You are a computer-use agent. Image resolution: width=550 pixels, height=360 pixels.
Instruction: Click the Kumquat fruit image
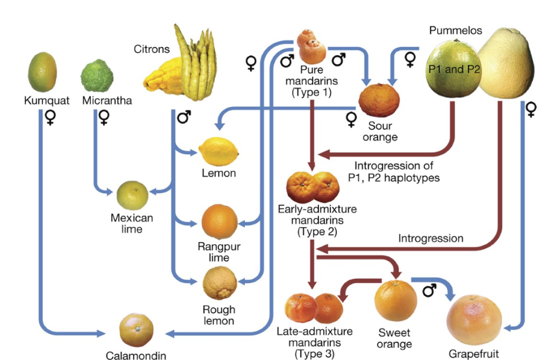coord(42,72)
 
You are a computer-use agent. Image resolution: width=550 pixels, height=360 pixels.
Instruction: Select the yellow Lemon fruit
coord(218,151)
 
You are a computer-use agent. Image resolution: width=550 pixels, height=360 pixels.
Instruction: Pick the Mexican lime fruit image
coord(132,195)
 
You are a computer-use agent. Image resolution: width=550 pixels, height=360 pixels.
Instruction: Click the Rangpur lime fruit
coord(219,222)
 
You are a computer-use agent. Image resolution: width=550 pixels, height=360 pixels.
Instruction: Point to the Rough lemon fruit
coord(220,283)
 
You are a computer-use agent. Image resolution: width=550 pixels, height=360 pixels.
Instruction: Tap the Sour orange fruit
coord(379,100)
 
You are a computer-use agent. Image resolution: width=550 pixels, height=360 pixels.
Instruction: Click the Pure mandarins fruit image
coord(312,47)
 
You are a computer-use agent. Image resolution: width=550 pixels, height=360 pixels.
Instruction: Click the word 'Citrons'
coord(151,49)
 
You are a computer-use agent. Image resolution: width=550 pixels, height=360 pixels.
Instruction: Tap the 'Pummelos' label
coord(455,31)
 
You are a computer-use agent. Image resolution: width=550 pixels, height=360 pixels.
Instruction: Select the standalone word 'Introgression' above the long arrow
coord(431,237)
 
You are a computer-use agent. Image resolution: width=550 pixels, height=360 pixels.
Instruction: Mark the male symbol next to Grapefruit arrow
coord(429,291)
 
